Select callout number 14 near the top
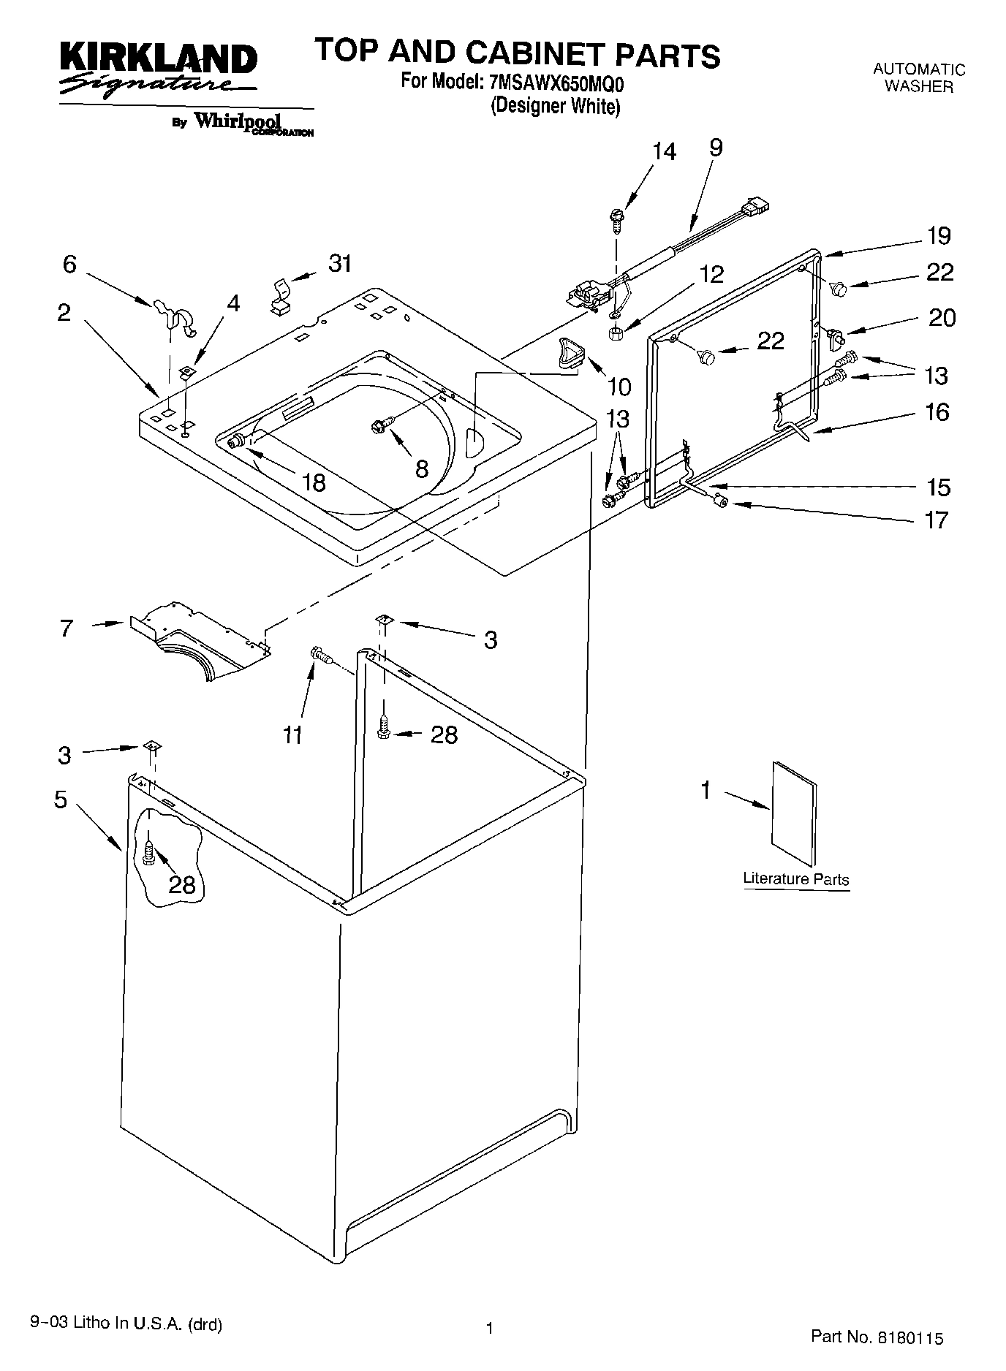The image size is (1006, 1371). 664,152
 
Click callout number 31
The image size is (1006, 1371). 340,263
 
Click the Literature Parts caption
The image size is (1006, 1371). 795,878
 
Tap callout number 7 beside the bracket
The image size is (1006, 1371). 67,628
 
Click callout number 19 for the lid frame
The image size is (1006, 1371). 939,236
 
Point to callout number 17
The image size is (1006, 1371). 937,520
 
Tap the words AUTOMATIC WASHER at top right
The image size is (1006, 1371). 919,77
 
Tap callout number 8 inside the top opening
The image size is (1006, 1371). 421,468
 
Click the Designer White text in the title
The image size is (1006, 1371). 555,106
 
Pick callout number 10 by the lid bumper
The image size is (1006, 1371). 619,385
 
